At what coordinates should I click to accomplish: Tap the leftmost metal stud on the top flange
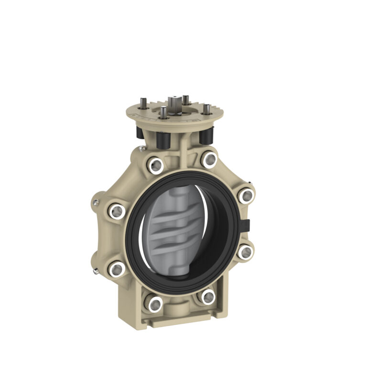click(x=143, y=103)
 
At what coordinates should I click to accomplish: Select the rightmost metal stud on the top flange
click(x=206, y=109)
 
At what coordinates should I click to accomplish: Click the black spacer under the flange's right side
click(x=205, y=136)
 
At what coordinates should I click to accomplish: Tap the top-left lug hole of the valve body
click(x=155, y=165)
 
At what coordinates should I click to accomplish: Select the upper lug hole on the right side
click(x=246, y=195)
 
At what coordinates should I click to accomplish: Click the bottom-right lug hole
click(x=208, y=297)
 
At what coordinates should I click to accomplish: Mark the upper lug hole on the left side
click(x=116, y=210)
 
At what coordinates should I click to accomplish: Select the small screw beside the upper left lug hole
click(x=96, y=203)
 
